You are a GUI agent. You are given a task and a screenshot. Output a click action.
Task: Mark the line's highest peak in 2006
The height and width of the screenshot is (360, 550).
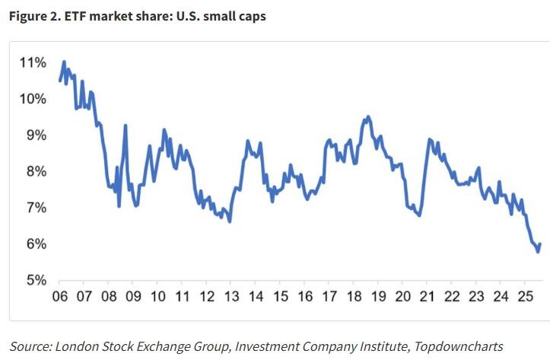64,62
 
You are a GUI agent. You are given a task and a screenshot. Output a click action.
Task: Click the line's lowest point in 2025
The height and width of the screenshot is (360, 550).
538,252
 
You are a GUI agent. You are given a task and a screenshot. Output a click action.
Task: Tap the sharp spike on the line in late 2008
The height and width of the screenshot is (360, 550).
126,126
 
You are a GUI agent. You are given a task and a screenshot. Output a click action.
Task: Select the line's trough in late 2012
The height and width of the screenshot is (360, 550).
229,221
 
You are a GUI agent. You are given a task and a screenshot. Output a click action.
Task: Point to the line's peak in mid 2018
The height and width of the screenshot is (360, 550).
368,116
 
